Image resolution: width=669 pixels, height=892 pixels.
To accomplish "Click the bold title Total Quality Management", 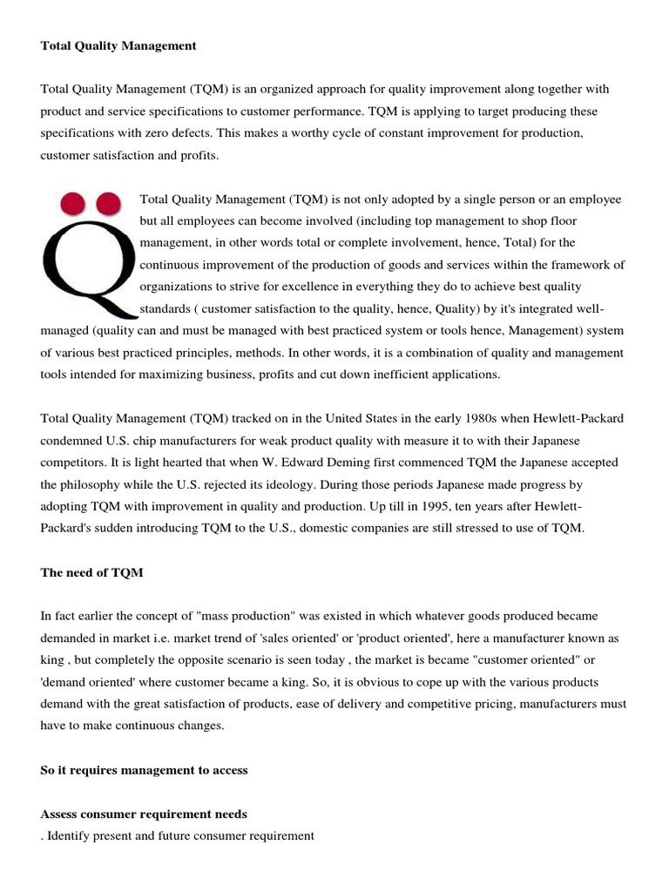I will (118, 45).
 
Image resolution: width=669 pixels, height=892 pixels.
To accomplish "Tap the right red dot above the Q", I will (108, 206).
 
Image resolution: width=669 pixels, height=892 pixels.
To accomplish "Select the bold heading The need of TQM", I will (92, 572).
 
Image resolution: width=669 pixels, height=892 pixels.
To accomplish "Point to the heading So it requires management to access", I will (145, 770).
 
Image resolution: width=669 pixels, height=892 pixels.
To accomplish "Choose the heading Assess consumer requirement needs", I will (144, 814).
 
